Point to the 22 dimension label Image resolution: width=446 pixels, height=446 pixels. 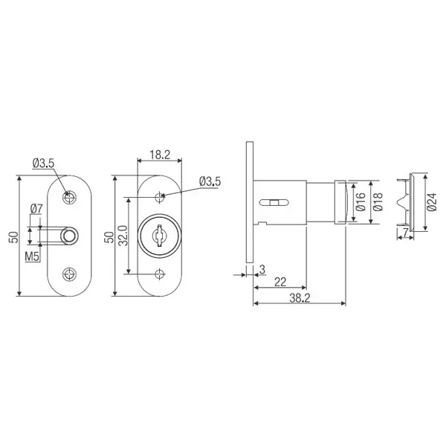point(279,281)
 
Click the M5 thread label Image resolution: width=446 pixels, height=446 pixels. point(32,256)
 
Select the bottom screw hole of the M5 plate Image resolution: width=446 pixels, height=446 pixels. point(70,273)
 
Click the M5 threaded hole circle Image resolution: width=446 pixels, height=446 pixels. point(69,235)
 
